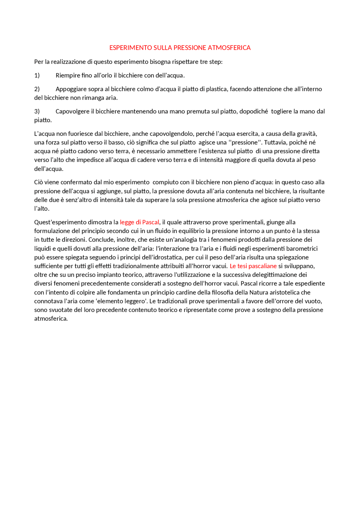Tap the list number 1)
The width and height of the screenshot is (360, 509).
pos(37,75)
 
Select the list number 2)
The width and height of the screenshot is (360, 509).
pos(37,89)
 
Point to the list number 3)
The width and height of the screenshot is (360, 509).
pos(37,111)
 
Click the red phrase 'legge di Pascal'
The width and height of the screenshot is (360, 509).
pos(139,222)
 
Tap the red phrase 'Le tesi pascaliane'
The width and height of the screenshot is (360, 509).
pos(253,266)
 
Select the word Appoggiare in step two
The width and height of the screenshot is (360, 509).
pos(71,89)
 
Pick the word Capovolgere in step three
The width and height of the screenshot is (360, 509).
pos(73,111)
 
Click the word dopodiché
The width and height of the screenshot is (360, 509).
pos(254,111)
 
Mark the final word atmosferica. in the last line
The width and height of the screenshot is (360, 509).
pos(51,319)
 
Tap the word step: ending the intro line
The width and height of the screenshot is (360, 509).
pos(216,62)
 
